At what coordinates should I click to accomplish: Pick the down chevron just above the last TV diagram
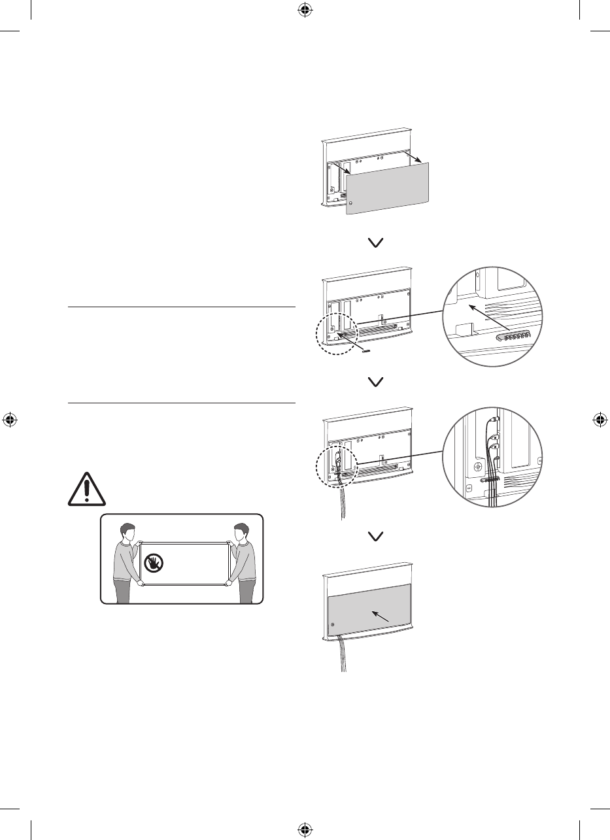tap(377, 537)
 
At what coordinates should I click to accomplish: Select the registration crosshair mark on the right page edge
tap(600, 420)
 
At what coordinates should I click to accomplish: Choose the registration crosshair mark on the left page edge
tap(10, 420)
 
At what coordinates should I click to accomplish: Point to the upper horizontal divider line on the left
tap(182, 307)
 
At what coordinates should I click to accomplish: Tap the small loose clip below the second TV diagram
tap(365, 350)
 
